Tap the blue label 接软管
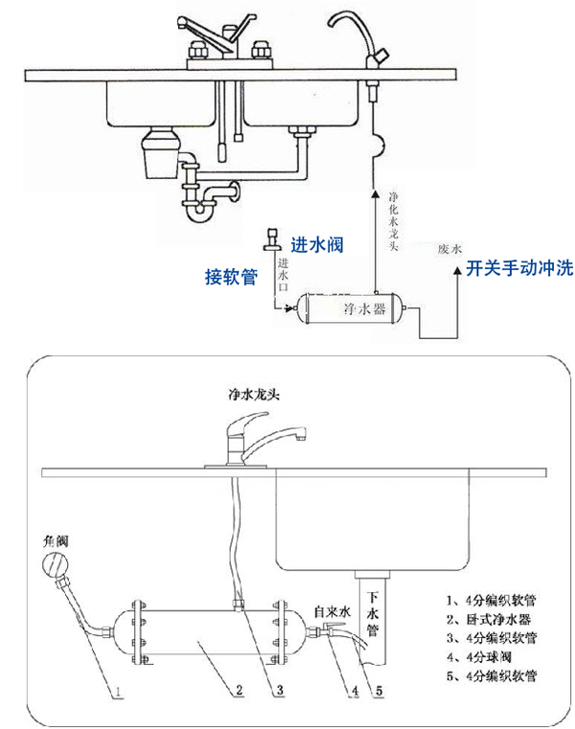tap(231, 276)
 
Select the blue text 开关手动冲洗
tap(518, 268)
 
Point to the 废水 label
tap(449, 249)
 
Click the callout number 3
tap(279, 688)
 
